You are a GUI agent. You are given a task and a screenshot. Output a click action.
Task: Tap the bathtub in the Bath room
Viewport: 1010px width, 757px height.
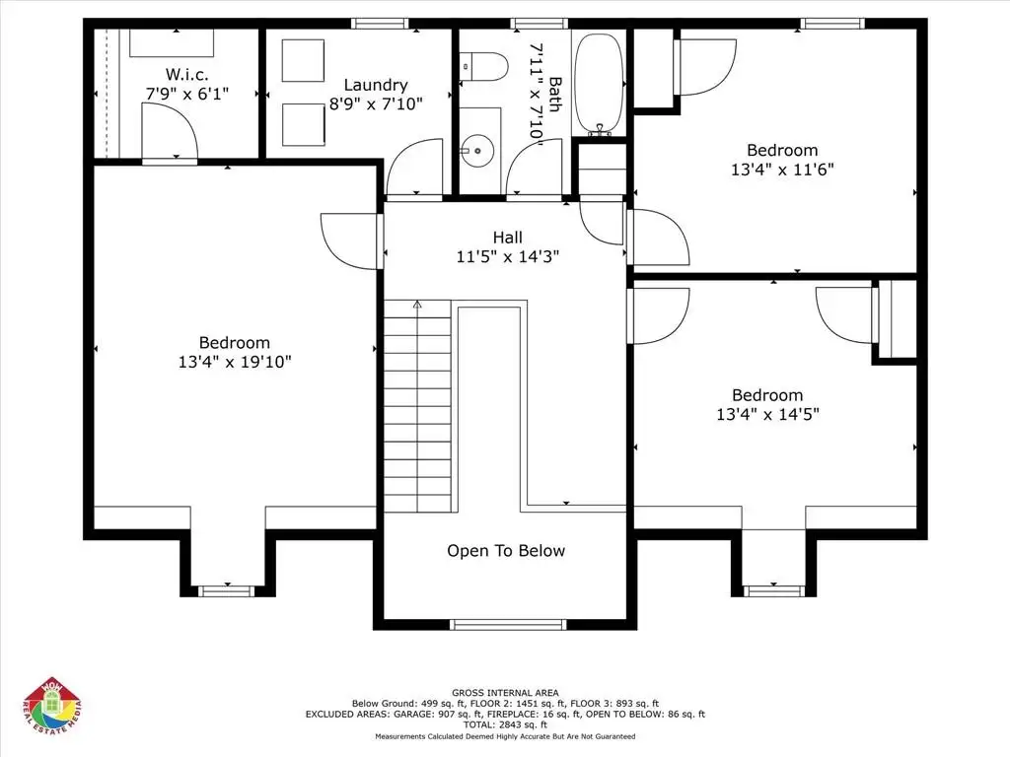click(x=599, y=85)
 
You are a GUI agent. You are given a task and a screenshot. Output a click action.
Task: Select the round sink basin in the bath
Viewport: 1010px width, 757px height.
click(x=476, y=151)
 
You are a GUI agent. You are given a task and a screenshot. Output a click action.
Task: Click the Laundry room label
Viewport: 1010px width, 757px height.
click(x=376, y=85)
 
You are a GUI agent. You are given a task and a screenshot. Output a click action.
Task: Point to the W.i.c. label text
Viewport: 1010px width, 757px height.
click(x=186, y=74)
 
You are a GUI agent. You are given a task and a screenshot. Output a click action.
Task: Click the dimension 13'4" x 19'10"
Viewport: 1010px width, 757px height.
click(x=235, y=362)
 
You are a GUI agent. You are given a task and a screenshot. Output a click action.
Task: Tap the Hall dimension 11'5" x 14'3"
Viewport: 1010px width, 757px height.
click(x=508, y=257)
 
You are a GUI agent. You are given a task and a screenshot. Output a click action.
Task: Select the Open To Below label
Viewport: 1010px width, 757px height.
click(x=506, y=551)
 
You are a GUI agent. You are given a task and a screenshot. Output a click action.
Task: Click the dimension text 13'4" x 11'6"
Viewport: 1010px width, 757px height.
click(x=782, y=170)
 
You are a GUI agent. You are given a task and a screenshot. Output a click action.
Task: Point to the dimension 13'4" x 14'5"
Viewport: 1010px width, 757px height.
click(x=767, y=415)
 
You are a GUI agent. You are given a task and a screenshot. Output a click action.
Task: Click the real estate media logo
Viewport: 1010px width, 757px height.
click(x=53, y=706)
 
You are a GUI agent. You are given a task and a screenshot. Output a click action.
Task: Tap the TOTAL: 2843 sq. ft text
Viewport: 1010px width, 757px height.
click(x=505, y=724)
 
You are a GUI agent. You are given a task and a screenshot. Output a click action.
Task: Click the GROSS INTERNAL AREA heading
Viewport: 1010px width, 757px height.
click(x=505, y=693)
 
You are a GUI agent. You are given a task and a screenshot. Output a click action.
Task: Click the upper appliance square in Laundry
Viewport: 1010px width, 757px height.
click(x=303, y=60)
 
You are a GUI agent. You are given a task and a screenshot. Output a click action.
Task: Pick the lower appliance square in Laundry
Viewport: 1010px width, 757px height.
click(x=303, y=125)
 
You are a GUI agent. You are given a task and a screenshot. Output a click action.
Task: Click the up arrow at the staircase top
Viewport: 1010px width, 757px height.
click(x=417, y=305)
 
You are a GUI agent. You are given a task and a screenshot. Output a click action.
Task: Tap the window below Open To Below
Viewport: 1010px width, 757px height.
click(x=508, y=624)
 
